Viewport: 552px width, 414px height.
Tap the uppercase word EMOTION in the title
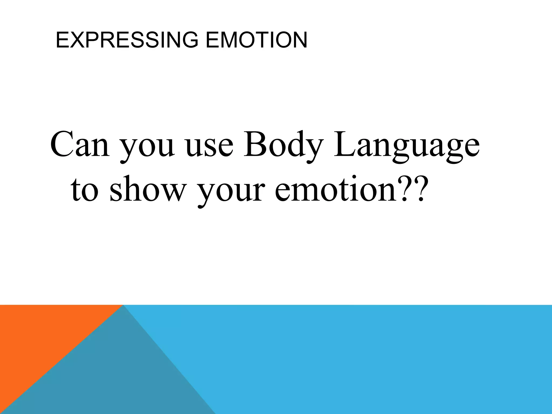(256, 40)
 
